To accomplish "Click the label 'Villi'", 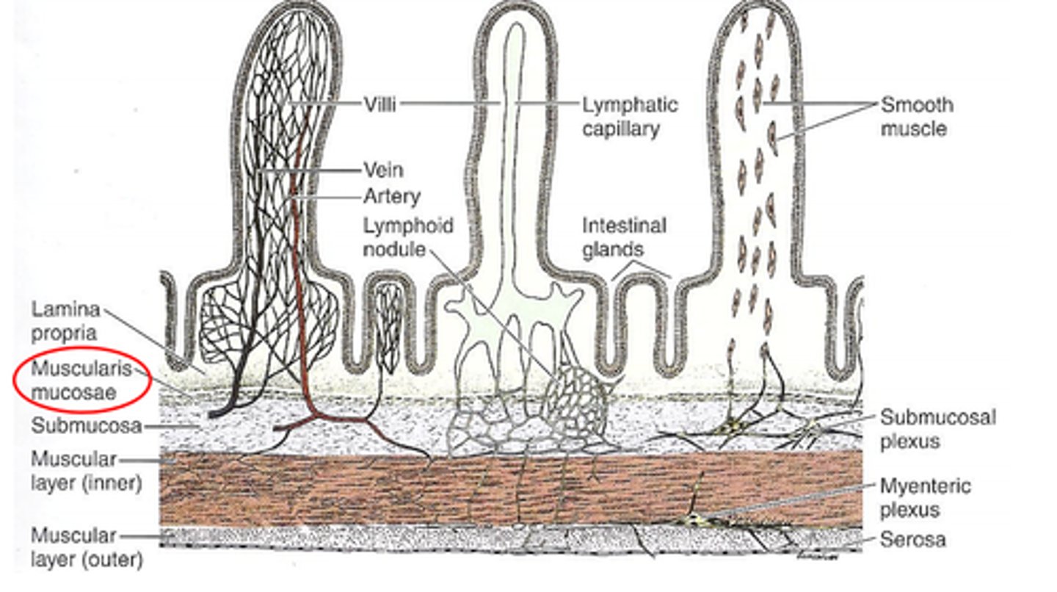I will click(379, 104).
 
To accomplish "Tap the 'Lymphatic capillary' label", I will click(629, 116).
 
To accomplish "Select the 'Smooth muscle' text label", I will click(916, 116).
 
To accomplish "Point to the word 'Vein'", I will click(383, 170).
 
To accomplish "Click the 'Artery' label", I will click(392, 196).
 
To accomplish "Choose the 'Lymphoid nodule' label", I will click(407, 237).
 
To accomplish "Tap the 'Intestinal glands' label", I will click(624, 237).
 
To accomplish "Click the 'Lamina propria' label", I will click(65, 320).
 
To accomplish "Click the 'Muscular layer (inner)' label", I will click(84, 472).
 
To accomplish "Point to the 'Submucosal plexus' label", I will click(937, 428).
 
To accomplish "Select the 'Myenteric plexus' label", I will click(925, 497).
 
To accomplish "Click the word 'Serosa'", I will click(912, 541).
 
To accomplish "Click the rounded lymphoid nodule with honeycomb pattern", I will click(578, 401).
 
